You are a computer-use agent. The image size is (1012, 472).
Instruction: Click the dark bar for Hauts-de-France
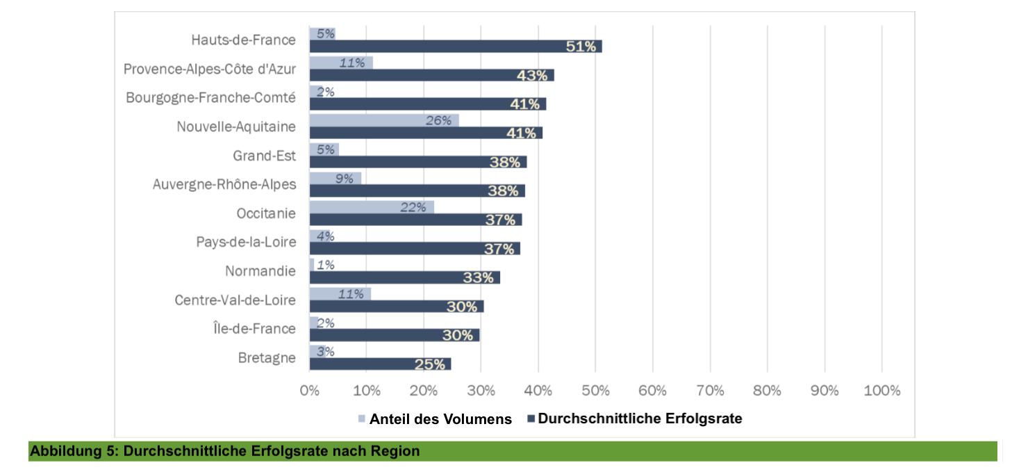click(455, 47)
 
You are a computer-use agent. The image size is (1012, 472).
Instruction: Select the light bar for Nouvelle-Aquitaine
click(383, 120)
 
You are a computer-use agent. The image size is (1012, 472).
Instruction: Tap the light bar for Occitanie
click(371, 207)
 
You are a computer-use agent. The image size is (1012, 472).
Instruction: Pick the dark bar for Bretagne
click(379, 364)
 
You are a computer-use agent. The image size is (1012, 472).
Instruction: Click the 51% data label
click(581, 47)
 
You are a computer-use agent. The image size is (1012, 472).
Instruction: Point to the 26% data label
click(438, 120)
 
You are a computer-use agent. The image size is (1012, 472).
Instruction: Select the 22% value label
click(413, 207)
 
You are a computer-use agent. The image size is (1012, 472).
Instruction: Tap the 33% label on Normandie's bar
click(479, 277)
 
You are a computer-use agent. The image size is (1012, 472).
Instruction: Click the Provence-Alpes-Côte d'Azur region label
click(210, 69)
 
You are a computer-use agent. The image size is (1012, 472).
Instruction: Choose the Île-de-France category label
click(254, 328)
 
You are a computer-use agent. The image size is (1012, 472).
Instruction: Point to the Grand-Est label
click(264, 156)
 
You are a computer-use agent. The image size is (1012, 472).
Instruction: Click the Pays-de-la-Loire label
click(246, 242)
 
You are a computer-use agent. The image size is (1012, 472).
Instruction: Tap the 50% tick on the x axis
click(595, 390)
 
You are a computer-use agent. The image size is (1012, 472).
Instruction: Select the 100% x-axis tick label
click(881, 390)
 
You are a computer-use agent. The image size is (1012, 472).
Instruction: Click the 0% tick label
click(310, 390)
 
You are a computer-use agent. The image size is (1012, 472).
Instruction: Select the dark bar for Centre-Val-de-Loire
click(396, 307)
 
